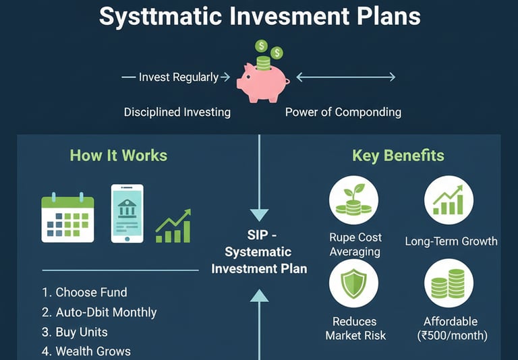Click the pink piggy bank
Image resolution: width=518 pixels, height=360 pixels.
pos(262,82)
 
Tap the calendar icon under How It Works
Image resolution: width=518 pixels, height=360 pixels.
pos(67,217)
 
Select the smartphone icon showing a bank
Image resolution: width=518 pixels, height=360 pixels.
pos(127,213)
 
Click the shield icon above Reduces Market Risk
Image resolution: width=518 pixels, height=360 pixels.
pos(353,283)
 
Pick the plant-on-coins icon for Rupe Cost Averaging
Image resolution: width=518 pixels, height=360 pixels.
pos(353,200)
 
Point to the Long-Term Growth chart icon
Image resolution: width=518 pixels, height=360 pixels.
pos(449,200)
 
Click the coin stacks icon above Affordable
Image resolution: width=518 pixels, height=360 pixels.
pos(449,283)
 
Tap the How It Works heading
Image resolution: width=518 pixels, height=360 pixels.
pos(119,155)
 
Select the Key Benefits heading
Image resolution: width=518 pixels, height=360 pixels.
pos(398,155)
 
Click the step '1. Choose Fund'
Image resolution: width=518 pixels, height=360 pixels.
pos(84,293)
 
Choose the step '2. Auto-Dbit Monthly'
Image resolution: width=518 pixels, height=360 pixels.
pos(99,312)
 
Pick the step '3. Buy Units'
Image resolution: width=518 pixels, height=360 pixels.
pos(75,332)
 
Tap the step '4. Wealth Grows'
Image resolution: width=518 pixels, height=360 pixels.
pos(86,351)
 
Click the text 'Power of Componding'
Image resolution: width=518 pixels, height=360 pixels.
pos(343,113)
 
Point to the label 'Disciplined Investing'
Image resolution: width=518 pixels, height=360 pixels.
pos(177,113)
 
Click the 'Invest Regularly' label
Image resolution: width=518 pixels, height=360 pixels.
pos(179,78)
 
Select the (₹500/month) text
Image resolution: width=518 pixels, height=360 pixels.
pos(453,336)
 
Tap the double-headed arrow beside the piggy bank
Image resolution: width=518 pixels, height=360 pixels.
pos(346,78)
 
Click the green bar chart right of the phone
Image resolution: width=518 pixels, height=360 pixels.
pos(173,226)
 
